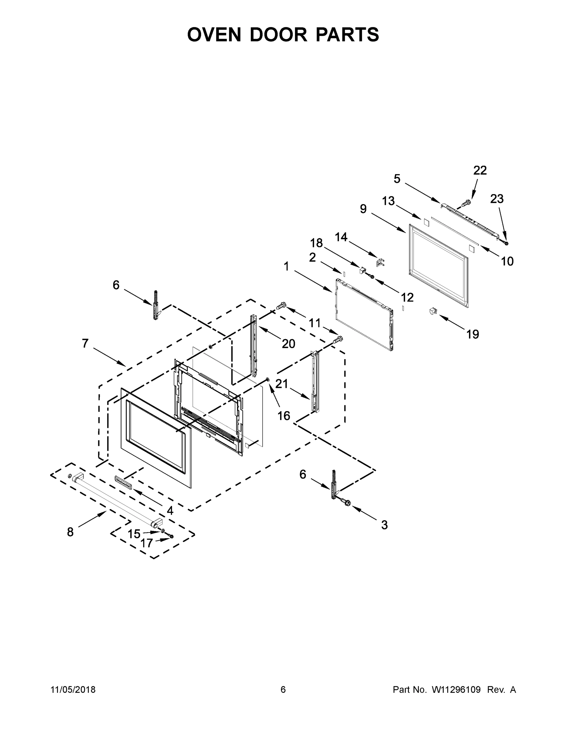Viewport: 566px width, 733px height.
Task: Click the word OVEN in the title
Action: [x=214, y=35]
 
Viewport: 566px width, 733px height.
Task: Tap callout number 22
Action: [x=480, y=170]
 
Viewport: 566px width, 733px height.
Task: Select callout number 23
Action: [x=497, y=199]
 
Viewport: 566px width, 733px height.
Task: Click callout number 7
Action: [x=85, y=343]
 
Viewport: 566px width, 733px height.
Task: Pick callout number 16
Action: [x=284, y=416]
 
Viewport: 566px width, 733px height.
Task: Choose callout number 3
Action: [x=384, y=525]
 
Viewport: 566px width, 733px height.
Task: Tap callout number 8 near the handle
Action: [x=70, y=532]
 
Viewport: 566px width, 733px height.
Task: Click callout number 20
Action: [x=288, y=344]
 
